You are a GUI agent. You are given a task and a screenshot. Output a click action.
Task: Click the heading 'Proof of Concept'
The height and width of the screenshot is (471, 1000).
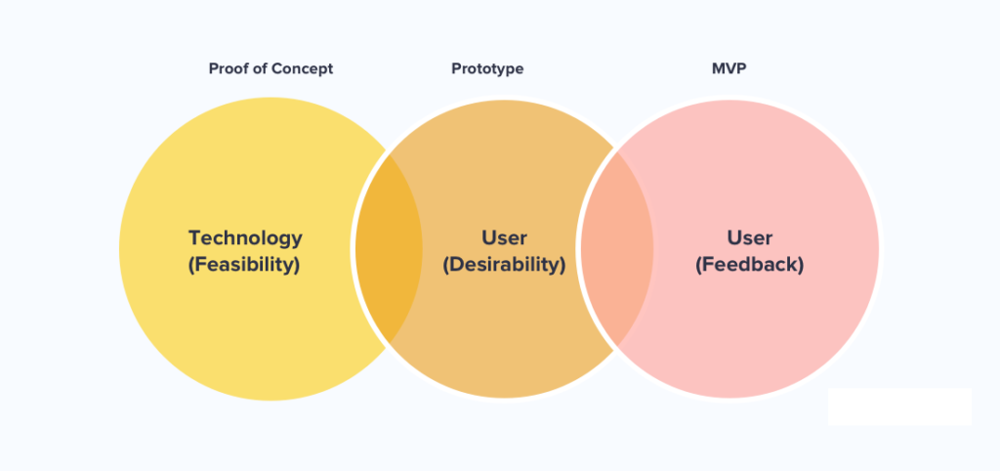[271, 69]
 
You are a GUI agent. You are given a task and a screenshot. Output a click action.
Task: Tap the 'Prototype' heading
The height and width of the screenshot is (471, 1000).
[487, 69]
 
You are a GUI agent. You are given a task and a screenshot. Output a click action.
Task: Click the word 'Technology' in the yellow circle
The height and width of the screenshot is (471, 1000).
[245, 237]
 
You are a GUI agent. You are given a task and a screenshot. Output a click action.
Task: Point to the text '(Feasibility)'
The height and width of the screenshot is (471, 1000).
[245, 264]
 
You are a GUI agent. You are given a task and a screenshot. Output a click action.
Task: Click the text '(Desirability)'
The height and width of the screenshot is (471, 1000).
[504, 264]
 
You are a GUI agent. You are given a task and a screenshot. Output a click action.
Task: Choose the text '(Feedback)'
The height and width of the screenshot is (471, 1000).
[749, 264]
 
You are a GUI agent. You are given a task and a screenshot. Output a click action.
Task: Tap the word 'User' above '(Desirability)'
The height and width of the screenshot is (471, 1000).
[504, 237]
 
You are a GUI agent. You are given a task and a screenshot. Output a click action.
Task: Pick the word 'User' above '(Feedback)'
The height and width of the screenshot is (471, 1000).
[749, 237]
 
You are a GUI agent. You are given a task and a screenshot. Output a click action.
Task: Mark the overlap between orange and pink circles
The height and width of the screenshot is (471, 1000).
[616, 248]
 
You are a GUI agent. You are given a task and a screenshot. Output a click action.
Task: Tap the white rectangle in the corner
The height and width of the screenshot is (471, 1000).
[899, 407]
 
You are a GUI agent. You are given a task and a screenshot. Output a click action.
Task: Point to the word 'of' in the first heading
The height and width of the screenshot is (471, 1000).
[259, 69]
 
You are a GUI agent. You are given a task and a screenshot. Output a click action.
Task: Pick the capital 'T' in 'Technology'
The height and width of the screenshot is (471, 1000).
[194, 237]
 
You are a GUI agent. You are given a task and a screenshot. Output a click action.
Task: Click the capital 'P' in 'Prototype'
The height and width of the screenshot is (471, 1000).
[456, 69]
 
